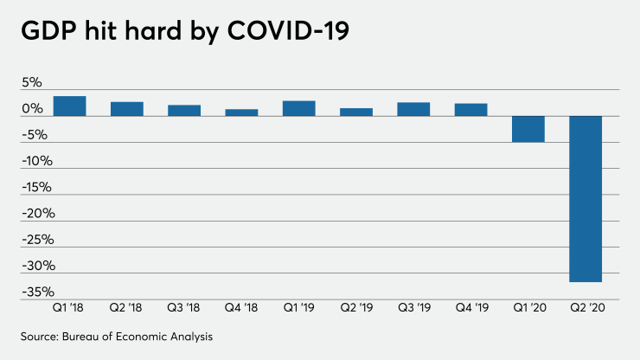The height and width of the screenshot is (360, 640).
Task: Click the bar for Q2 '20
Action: tap(586, 198)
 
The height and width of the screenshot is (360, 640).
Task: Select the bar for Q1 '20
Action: tap(528, 129)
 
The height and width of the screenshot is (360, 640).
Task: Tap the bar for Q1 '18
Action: tap(70, 106)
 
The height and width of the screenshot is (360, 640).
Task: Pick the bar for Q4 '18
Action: tap(241, 112)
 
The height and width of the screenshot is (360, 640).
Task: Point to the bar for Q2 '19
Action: tap(356, 112)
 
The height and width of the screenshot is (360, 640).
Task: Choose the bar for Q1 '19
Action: tap(299, 108)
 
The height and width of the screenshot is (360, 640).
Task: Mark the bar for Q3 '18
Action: tap(184, 110)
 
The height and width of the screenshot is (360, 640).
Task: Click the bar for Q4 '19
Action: tap(471, 109)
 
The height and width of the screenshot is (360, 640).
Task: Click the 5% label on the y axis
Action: tap(32, 83)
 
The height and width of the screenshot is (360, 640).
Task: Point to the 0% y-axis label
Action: tap(32, 109)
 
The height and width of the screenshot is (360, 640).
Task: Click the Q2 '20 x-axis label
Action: tap(586, 306)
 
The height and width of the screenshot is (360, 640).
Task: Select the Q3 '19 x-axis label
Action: tap(413, 306)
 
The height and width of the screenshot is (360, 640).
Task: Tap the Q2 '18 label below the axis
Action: tap(127, 306)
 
